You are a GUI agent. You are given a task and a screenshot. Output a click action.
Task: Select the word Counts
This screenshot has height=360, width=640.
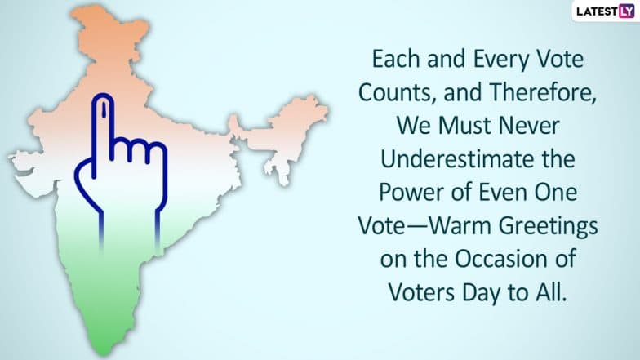[395, 93]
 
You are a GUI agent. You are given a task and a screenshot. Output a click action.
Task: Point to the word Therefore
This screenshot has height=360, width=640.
[542, 93]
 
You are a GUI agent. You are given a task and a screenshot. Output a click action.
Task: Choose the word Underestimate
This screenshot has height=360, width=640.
[453, 159]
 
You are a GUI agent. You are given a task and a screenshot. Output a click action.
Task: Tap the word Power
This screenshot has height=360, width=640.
[411, 193]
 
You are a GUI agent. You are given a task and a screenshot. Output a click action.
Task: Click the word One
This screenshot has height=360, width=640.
[556, 193]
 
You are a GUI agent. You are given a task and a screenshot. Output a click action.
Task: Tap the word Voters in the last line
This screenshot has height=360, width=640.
[422, 293]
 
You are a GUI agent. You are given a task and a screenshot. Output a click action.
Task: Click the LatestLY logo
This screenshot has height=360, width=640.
[605, 11]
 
